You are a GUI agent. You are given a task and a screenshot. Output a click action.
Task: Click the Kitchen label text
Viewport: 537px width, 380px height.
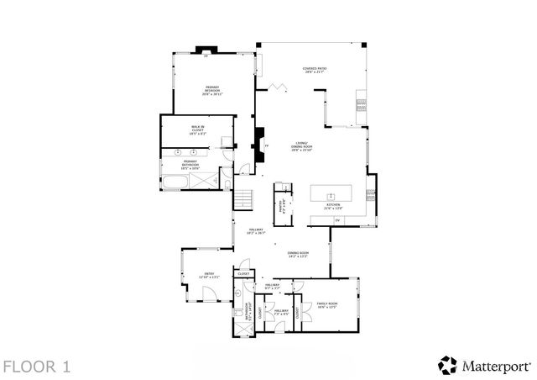[x=332, y=205]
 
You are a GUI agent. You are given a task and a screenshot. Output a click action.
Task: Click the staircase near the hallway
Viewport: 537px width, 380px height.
[x=242, y=200]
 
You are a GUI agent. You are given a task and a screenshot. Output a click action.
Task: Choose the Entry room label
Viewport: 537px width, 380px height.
[x=207, y=275]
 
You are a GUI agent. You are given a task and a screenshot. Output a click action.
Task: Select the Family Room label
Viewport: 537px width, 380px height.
[x=326, y=305]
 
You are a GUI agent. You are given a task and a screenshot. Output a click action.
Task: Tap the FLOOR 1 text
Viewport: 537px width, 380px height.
[x=36, y=367]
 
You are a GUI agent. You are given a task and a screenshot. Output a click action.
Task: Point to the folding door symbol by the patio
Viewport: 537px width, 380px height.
[x=278, y=86]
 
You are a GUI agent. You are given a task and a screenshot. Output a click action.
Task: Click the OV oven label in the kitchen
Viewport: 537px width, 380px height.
[x=337, y=220]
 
